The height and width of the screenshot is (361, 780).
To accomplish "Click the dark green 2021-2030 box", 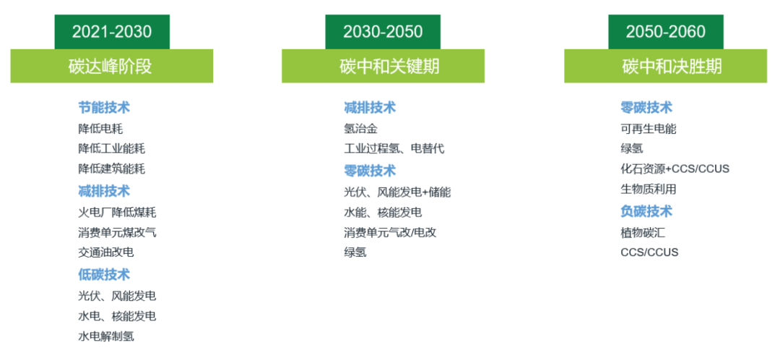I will click(x=112, y=32).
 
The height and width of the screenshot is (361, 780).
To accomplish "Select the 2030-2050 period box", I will click(x=383, y=32).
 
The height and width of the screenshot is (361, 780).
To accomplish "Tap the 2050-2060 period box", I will click(x=665, y=32).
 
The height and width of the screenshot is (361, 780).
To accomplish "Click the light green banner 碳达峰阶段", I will click(x=111, y=67).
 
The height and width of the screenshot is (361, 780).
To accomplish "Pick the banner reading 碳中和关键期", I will click(x=383, y=67).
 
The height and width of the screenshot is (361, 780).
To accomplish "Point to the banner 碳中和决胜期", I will click(x=665, y=67).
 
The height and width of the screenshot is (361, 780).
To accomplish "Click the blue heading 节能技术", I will click(x=104, y=108).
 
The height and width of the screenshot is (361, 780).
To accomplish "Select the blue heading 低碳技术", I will click(x=104, y=275).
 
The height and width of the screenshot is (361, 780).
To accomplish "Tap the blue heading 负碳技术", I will click(x=646, y=211).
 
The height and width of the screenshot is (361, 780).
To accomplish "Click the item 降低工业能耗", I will click(x=111, y=149).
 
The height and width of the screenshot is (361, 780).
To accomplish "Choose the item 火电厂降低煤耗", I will click(x=117, y=213).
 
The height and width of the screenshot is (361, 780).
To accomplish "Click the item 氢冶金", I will click(x=360, y=129).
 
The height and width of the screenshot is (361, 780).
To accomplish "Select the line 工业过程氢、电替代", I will click(x=394, y=149).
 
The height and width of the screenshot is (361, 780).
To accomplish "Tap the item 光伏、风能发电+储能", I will click(x=397, y=192).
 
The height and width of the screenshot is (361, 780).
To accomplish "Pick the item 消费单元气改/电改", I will click(x=390, y=232).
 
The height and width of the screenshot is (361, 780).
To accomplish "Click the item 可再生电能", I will click(x=648, y=129).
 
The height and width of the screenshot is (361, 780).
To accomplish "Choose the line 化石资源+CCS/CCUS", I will click(x=675, y=169).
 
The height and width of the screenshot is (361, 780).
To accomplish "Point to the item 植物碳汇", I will click(x=642, y=232).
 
